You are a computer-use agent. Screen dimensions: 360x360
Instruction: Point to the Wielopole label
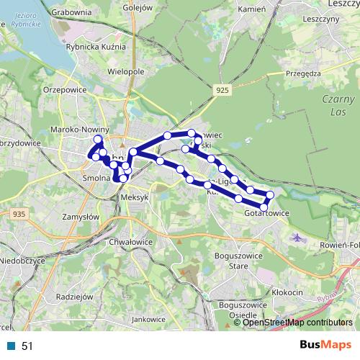(x=127, y=73)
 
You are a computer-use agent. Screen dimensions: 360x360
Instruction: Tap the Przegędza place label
(x=302, y=73)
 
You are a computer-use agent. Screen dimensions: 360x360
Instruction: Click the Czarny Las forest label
(x=338, y=105)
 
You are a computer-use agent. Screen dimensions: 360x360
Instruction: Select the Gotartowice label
(x=266, y=213)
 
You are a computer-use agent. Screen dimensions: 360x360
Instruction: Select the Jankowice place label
(x=150, y=318)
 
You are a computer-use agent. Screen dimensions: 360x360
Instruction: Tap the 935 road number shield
(x=19, y=214)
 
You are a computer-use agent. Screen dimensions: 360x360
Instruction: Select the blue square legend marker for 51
(x=12, y=346)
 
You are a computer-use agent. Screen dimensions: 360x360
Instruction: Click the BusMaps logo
(x=325, y=346)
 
